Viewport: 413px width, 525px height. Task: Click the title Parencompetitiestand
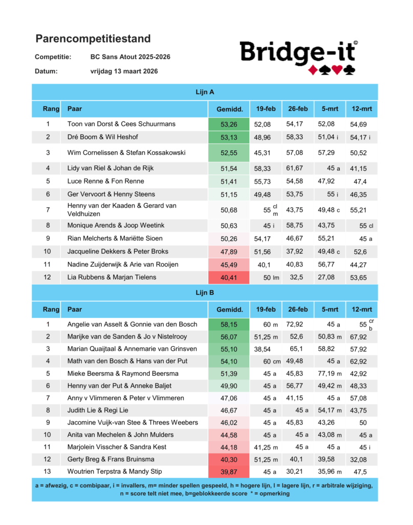93,38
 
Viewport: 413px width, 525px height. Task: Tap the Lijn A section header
205,92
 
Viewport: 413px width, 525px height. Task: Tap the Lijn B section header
205,293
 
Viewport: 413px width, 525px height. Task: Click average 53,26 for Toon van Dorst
229,124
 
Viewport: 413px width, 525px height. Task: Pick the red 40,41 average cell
229,277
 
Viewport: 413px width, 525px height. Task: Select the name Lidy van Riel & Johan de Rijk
111,168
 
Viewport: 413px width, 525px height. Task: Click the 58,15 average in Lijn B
228,325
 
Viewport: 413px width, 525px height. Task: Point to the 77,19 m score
330,373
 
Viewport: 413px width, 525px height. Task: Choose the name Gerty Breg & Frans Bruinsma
111,459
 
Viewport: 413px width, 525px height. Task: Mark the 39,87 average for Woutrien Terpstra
228,471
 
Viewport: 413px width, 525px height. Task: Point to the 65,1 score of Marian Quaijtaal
297,349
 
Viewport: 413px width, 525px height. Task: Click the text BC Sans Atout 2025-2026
130,56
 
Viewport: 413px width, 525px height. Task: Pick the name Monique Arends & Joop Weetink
116,226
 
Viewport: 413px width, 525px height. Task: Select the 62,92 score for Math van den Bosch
359,361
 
